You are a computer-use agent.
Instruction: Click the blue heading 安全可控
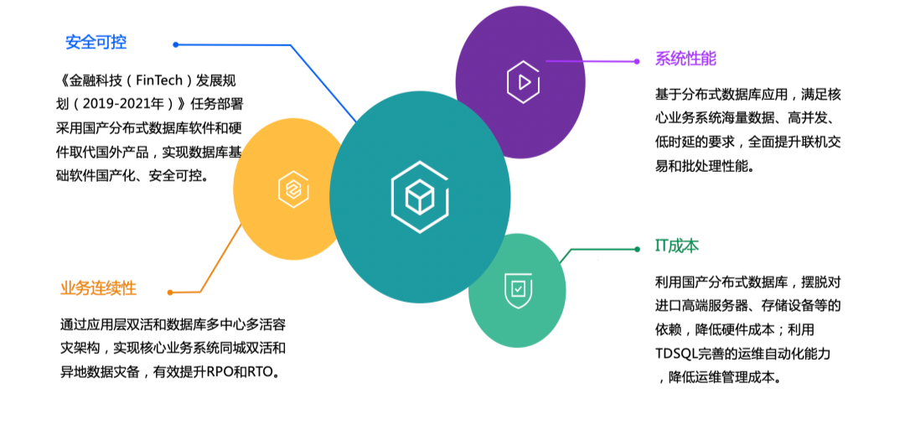pyautogui.click(x=96, y=43)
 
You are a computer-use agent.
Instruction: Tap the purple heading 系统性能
pyautogui.click(x=685, y=60)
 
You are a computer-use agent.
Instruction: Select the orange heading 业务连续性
pyautogui.click(x=98, y=288)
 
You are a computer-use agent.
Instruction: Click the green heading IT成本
pyautogui.click(x=676, y=246)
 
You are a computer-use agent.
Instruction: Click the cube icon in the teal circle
pyautogui.click(x=419, y=197)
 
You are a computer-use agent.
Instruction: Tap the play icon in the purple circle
pyautogui.click(x=523, y=82)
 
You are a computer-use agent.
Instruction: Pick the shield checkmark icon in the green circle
pyautogui.click(x=519, y=288)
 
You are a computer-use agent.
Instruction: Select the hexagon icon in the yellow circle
pyautogui.click(x=293, y=189)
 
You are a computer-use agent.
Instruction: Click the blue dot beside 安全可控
pyautogui.click(x=176, y=44)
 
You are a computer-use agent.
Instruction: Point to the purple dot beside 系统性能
pyautogui.click(x=637, y=61)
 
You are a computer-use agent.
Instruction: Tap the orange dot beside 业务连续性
pyautogui.click(x=170, y=293)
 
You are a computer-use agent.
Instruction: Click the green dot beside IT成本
pyautogui.click(x=637, y=249)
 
